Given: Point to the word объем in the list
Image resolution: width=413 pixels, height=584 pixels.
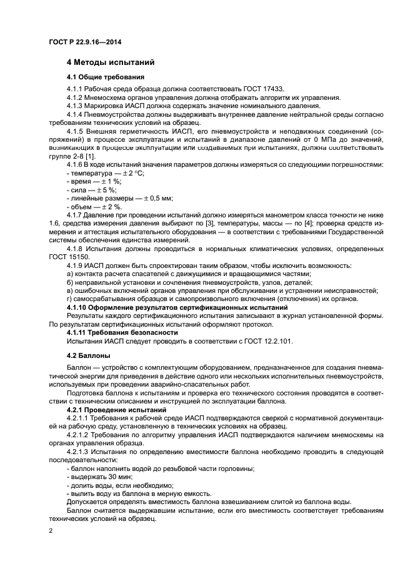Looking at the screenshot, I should click(x=79, y=207).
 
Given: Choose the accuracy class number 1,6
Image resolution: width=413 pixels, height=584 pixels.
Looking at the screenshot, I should click(x=55, y=224).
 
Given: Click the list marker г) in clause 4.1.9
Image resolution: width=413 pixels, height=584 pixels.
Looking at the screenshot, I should click(x=70, y=299).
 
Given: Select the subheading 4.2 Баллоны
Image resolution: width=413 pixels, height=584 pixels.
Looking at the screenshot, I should click(x=88, y=355).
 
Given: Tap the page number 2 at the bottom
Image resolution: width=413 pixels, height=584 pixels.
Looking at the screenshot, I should click(x=51, y=530).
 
